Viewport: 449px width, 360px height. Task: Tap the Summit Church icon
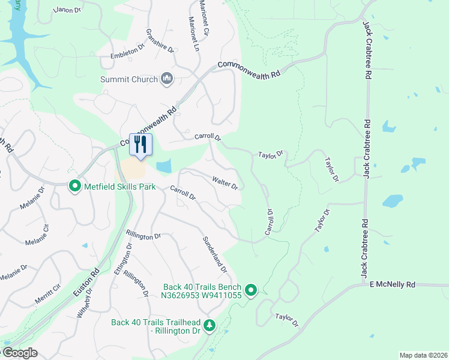[x=167, y=79]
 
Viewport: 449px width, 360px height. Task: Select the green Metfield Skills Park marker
[x=75, y=187]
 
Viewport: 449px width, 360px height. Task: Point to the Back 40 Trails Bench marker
[x=251, y=292]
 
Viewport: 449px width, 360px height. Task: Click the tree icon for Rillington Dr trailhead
[x=209, y=325]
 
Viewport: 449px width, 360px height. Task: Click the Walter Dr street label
[x=225, y=183]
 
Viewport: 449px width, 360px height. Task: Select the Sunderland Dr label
[x=214, y=254]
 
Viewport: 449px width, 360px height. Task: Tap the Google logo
[x=20, y=353]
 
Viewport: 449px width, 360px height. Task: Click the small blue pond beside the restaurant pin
[x=163, y=166]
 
